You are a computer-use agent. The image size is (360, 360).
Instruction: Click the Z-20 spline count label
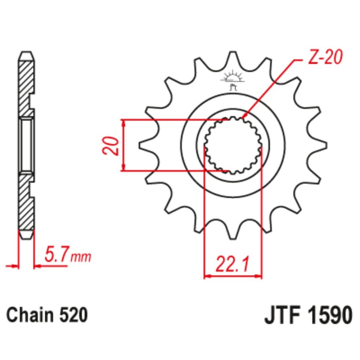pyautogui.click(x=326, y=58)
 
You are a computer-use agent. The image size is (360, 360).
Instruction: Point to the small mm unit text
pyautogui.click(x=81, y=257)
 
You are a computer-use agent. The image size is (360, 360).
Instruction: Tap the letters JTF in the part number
pyautogui.click(x=281, y=315)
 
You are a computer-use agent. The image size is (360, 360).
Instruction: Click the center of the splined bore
pyautogui.click(x=233, y=145)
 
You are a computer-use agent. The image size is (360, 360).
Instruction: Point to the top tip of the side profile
pyautogui.click(x=27, y=55)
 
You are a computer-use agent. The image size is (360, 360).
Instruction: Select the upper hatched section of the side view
pyautogui.click(x=26, y=86)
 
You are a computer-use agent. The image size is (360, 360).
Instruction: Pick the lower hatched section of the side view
pyautogui.click(x=26, y=202)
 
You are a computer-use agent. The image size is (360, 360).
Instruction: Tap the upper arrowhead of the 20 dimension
pyautogui.click(x=124, y=123)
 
